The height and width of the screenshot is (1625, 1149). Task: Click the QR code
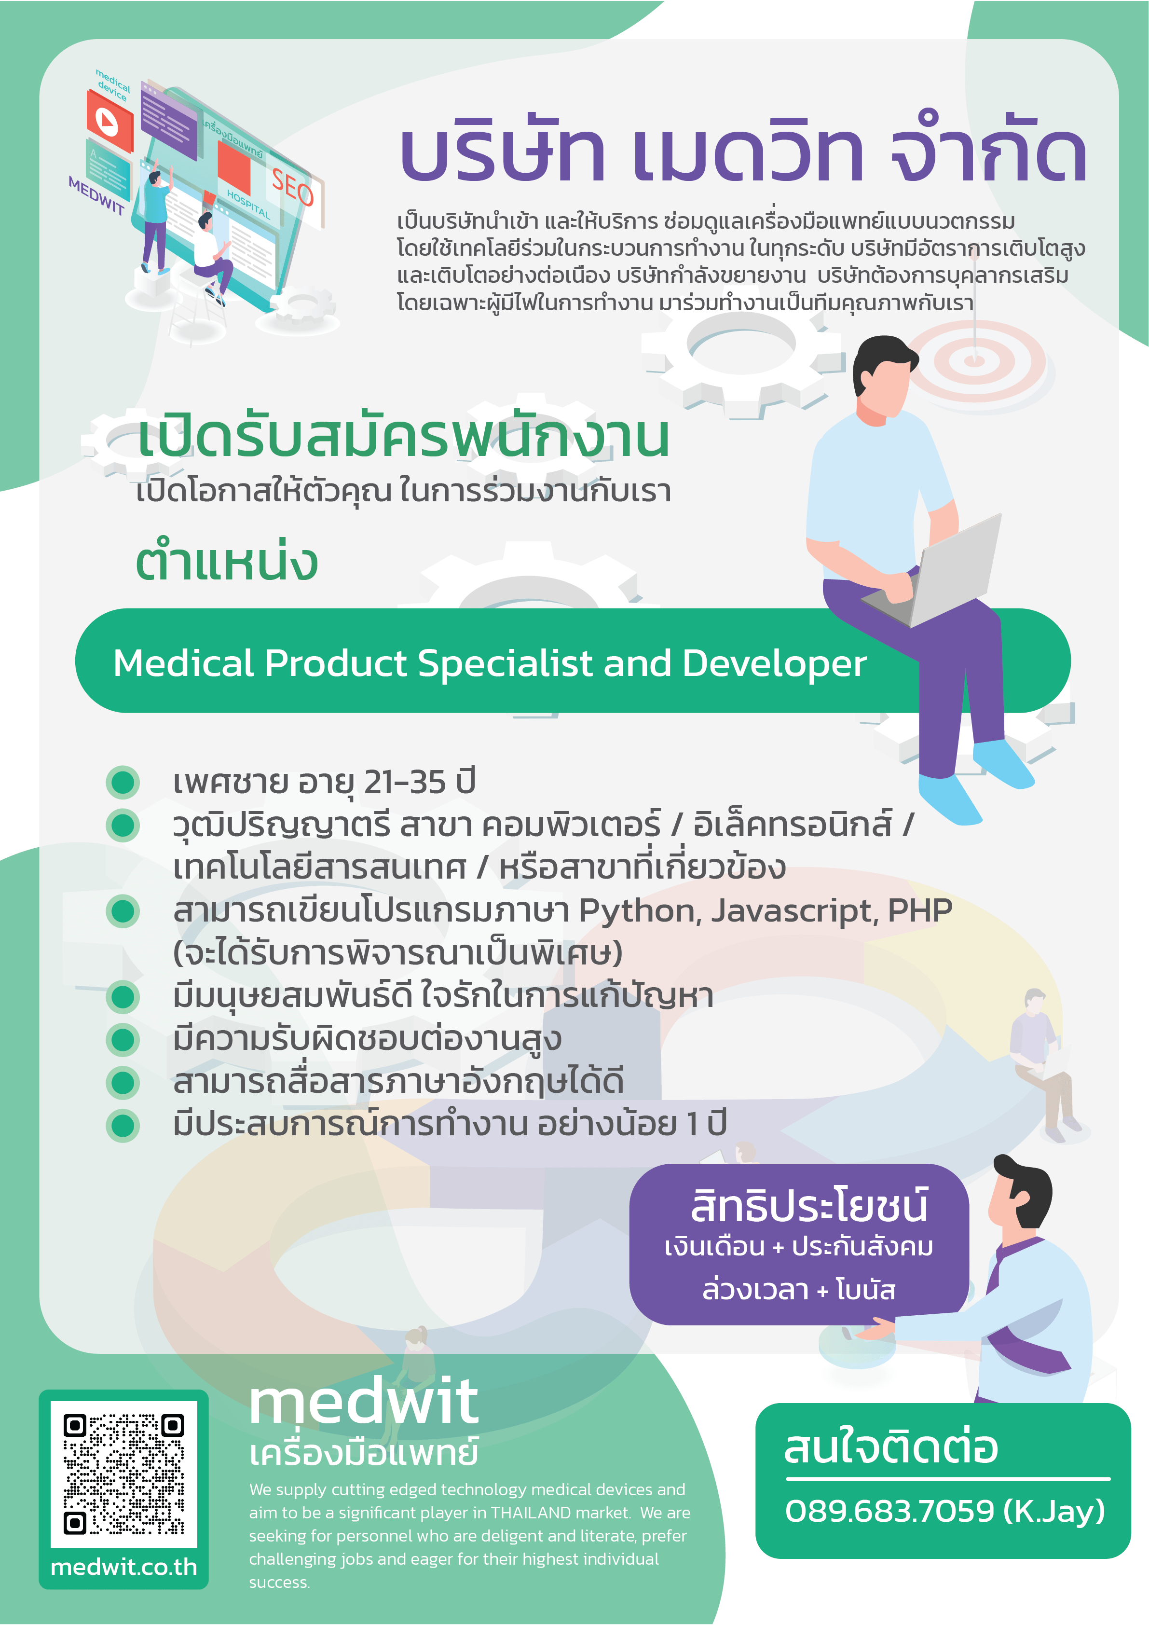coord(124,1474)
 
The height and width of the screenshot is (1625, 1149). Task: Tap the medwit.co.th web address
coord(124,1567)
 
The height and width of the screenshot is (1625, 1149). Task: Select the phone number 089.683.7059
coord(889,1511)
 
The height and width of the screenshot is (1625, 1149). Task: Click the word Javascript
coord(794,911)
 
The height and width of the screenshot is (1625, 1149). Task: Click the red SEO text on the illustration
coord(292,188)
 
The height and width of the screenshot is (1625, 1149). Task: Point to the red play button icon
coord(109,122)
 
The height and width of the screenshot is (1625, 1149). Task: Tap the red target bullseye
coord(974,361)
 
